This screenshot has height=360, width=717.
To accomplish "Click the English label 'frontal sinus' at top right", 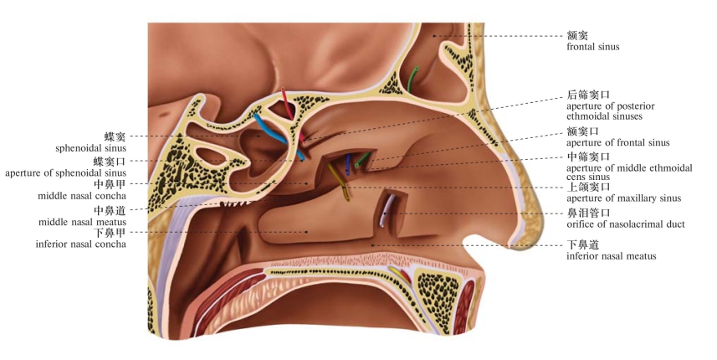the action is point(593,47).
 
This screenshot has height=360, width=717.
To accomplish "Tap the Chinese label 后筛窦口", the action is point(588,95).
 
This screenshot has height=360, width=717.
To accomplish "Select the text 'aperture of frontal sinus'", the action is point(618,142).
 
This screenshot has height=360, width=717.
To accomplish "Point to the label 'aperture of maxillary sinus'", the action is point(624,198).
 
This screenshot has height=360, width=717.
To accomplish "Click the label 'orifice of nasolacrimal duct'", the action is point(626,224).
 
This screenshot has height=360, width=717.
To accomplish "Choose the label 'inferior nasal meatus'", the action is point(612,256).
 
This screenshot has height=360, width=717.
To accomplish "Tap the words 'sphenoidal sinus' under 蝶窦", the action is point(91,148).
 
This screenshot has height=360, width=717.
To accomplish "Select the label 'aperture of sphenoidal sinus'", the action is point(66,173).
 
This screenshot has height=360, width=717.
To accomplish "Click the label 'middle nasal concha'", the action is point(82,196).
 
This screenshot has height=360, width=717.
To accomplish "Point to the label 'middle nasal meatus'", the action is point(82,223).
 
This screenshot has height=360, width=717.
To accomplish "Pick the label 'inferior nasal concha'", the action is point(81,244).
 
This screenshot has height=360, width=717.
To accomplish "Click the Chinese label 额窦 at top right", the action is point(577,35).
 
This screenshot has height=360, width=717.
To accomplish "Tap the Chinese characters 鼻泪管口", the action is point(588,213).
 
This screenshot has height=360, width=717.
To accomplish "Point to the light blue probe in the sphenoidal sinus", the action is point(278,136).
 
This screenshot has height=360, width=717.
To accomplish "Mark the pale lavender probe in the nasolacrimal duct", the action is point(387,210).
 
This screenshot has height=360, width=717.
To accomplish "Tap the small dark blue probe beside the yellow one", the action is point(348,165).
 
